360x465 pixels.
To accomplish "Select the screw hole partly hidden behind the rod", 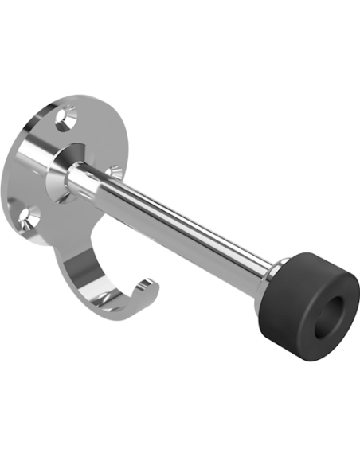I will click(115, 171).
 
